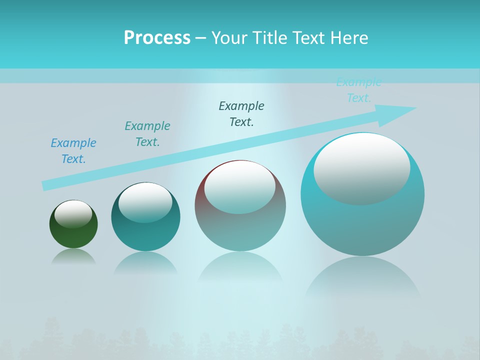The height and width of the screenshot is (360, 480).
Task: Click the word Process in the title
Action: pyautogui.click(x=157, y=38)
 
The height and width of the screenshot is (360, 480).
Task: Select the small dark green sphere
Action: pyautogui.click(x=73, y=235)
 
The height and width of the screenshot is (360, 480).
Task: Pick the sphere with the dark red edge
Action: pyautogui.click(x=240, y=225)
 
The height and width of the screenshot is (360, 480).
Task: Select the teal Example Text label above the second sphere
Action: pyautogui.click(x=147, y=134)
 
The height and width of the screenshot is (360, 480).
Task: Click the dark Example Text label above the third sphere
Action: pyautogui.click(x=241, y=114)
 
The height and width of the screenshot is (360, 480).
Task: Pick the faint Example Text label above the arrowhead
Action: pyautogui.click(x=359, y=90)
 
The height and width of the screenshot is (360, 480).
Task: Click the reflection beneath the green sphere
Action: pyautogui.click(x=73, y=257)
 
